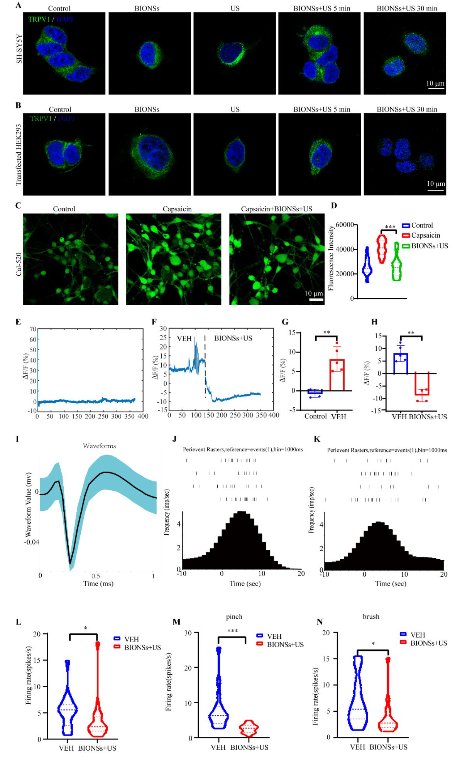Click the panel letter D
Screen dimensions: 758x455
click(x=334, y=206)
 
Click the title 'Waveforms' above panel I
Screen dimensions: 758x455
click(x=100, y=446)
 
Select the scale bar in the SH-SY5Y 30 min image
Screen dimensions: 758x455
click(x=435, y=89)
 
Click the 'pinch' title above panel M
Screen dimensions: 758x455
click(x=234, y=616)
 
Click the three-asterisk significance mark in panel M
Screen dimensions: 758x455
click(x=232, y=631)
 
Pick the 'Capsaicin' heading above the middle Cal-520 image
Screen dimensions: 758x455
click(x=173, y=209)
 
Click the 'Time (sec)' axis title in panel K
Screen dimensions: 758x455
click(x=391, y=584)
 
